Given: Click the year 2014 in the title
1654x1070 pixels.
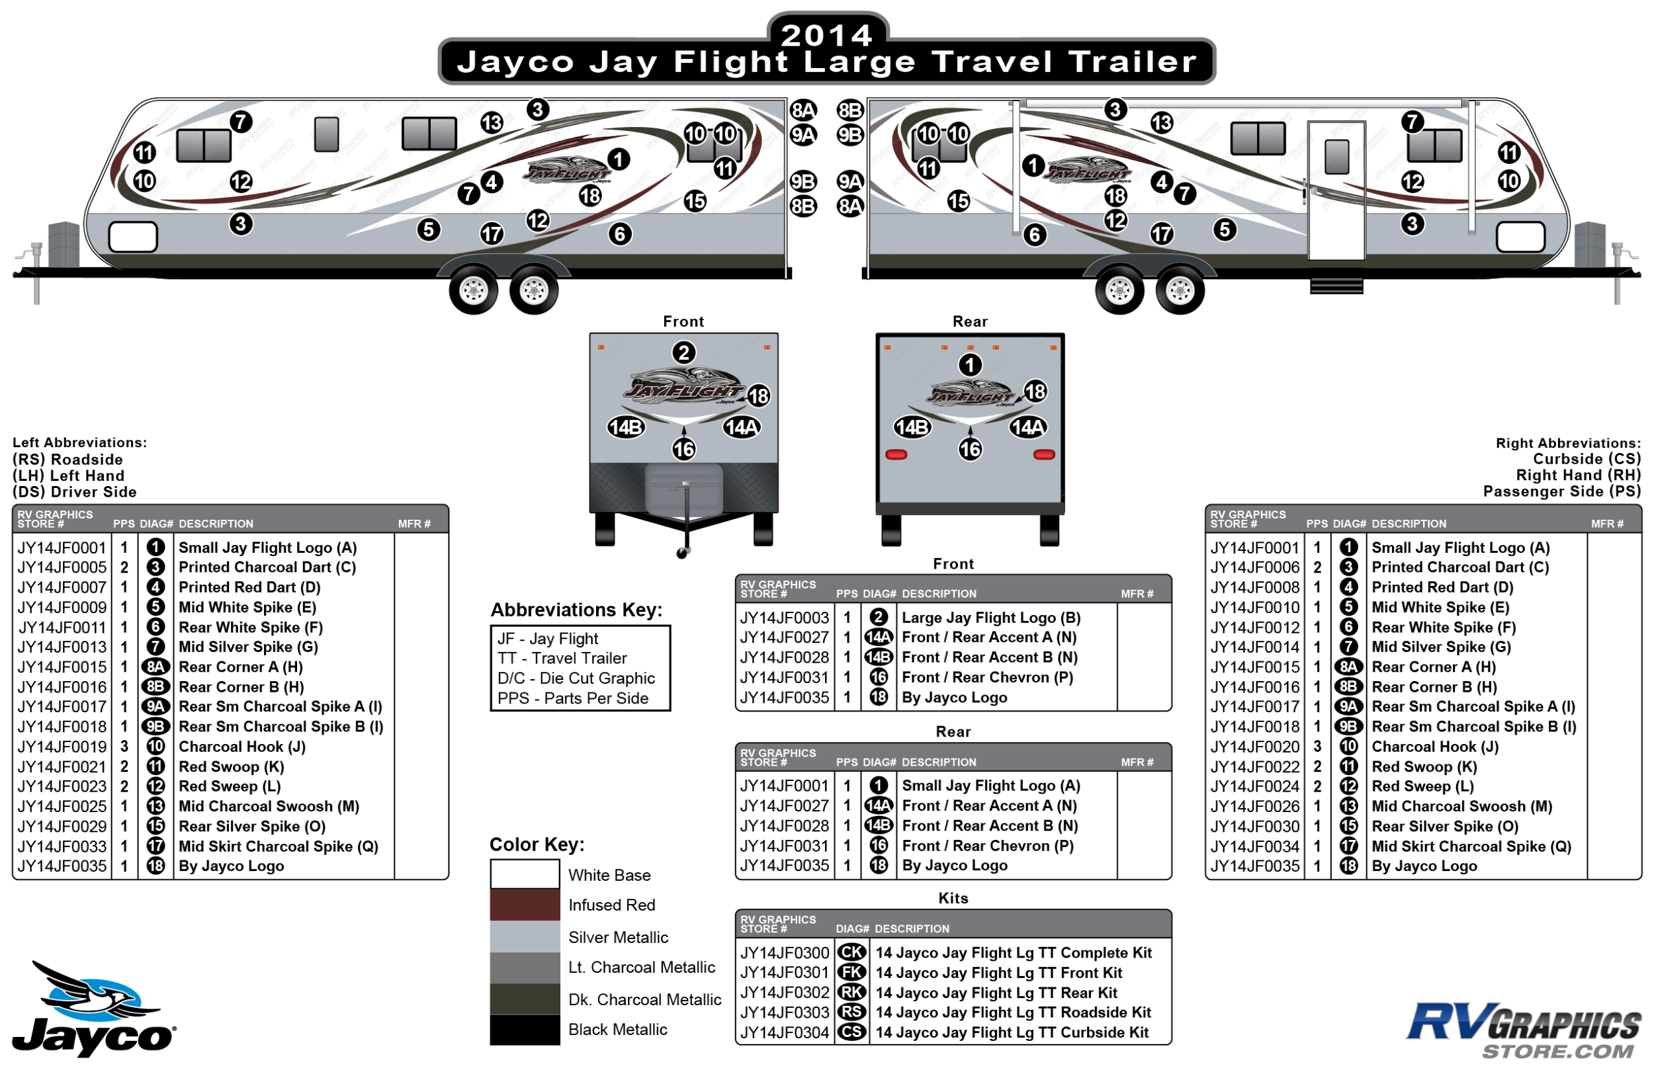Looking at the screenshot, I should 826,35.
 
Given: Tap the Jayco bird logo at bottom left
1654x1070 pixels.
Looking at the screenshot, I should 94,1011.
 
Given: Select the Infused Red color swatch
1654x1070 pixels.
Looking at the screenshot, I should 525,905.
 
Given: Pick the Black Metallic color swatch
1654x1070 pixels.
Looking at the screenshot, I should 525,1030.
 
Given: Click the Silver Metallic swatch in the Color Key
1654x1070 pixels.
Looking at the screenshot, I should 525,937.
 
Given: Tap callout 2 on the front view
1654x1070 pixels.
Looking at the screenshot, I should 684,353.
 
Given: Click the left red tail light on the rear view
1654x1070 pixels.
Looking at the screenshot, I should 896,455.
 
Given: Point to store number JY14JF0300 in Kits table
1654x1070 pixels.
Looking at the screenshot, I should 785,953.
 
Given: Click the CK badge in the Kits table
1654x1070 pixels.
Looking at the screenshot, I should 852,952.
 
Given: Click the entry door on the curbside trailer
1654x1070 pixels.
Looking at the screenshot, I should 1336,191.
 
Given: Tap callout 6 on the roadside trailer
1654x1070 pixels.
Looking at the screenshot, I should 620,234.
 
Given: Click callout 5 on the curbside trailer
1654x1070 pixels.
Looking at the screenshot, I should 1225,229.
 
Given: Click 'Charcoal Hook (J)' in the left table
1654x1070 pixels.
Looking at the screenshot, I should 242,747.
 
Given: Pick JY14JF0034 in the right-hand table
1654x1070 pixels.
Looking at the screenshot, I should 1254,847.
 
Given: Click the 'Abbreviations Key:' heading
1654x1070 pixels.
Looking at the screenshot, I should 576,610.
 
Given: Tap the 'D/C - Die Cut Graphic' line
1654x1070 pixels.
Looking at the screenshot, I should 576,679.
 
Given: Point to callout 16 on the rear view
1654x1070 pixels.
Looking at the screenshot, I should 970,450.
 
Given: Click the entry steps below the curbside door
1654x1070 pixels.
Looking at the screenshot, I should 1336,286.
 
